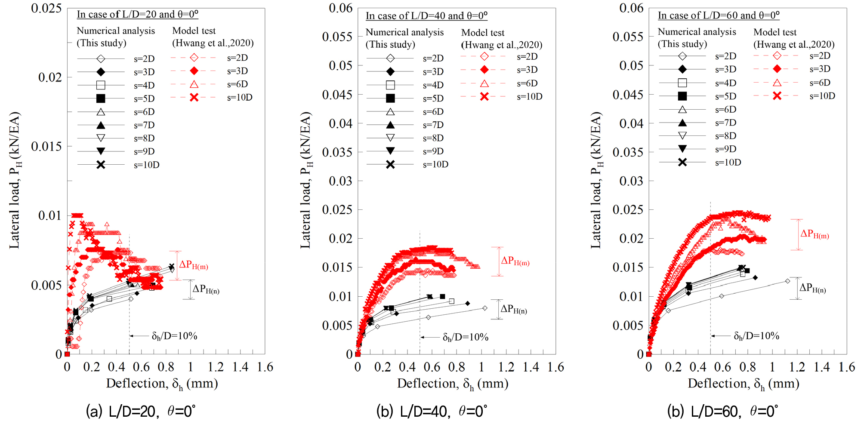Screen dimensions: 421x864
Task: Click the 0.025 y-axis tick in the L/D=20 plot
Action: pyautogui.click(x=46, y=9)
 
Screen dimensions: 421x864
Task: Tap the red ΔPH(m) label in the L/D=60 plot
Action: pyautogui.click(x=814, y=234)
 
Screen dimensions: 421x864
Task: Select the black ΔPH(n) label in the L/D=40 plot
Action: pyautogui.click(x=513, y=310)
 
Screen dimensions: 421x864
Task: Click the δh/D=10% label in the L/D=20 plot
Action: pyautogui.click(x=174, y=336)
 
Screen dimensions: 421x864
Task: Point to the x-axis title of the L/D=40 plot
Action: pyautogui.click(x=452, y=384)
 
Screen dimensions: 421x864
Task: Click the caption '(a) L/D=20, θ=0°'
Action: pyautogui.click(x=141, y=411)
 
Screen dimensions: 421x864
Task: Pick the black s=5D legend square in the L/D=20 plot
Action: pyautogui.click(x=101, y=98)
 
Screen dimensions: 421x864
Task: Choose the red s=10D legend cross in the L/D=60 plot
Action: pyautogui.click(x=777, y=96)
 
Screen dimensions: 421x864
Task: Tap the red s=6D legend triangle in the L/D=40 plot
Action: pyautogui.click(x=484, y=83)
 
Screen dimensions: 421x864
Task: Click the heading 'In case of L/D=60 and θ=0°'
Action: pyautogui.click(x=718, y=15)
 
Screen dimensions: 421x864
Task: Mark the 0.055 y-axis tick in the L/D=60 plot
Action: pyautogui.click(x=627, y=37)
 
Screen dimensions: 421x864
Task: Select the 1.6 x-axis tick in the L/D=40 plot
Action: pyautogui.click(x=555, y=367)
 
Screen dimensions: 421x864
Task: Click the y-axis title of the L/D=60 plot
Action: pyautogui.click(x=596, y=181)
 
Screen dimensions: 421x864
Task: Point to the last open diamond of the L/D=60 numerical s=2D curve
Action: pyautogui.click(x=787, y=281)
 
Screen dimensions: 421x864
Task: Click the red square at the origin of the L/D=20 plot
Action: pyautogui.click(x=67, y=354)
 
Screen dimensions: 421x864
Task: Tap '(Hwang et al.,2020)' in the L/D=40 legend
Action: pyautogui.click(x=501, y=45)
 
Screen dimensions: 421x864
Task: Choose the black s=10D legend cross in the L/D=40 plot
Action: pyautogui.click(x=390, y=164)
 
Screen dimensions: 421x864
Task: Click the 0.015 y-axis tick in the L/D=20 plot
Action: pyautogui.click(x=46, y=147)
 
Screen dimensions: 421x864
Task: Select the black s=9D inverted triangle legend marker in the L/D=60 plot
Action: pyautogui.click(x=682, y=149)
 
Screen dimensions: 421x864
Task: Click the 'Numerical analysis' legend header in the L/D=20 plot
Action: pyautogui.click(x=116, y=31)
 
